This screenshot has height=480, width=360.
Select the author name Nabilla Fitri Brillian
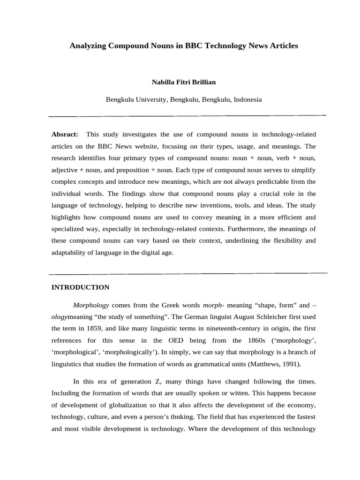(184, 82)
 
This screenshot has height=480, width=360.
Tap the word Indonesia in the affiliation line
(247, 99)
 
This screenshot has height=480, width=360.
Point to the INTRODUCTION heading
(80, 287)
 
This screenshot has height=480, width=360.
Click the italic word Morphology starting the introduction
(91, 304)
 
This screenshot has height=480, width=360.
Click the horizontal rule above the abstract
(187, 115)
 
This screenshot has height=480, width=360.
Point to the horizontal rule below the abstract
(187, 273)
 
